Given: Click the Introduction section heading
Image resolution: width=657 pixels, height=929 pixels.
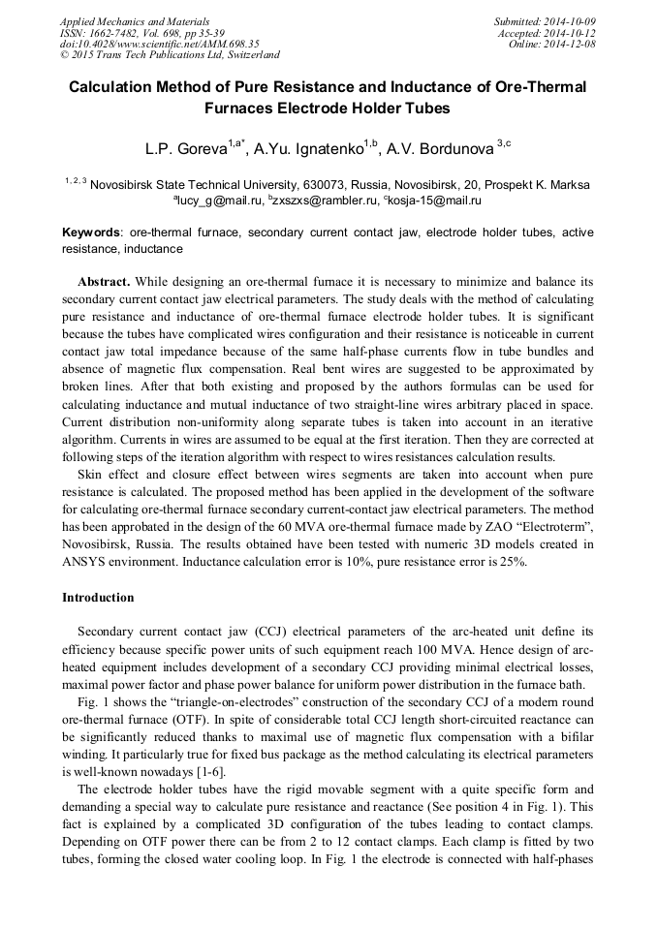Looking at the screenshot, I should (x=98, y=598).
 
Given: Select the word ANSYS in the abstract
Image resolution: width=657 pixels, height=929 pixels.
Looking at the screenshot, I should (x=86, y=561).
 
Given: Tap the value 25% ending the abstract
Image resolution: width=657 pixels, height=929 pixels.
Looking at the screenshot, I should (x=513, y=561).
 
